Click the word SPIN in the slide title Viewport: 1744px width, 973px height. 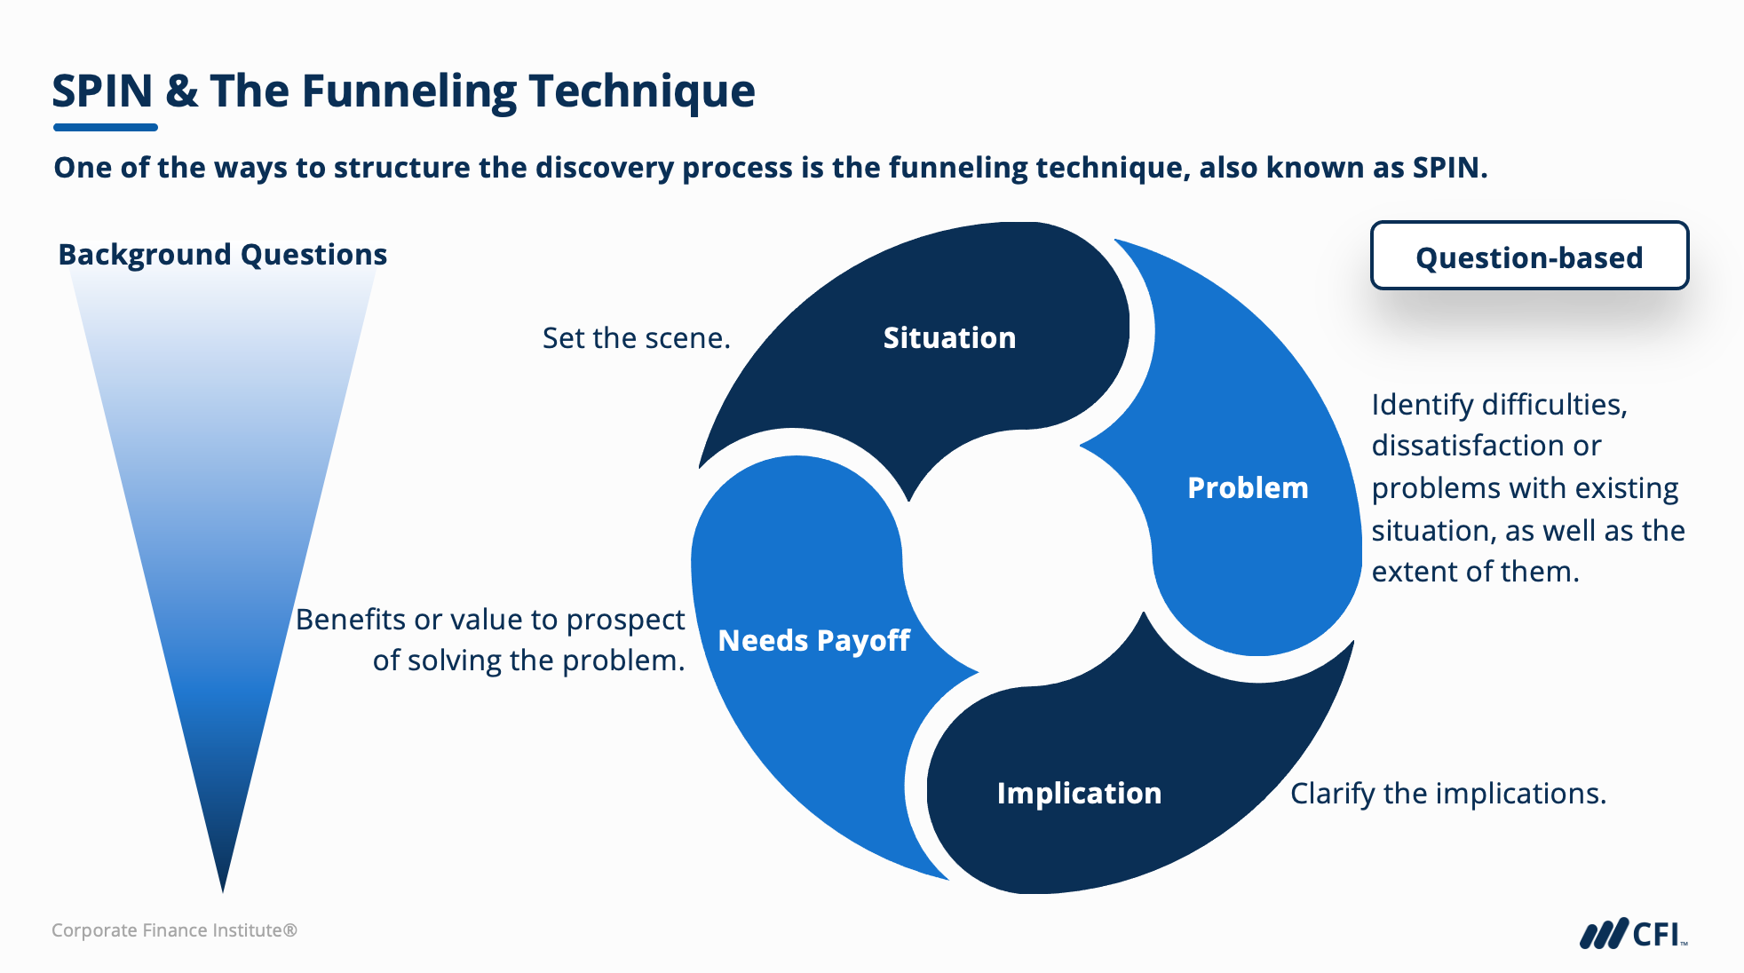(102, 91)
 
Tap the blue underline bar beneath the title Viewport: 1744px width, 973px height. (105, 128)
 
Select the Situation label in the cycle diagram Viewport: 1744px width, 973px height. (949, 338)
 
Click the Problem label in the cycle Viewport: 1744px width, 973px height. (1248, 488)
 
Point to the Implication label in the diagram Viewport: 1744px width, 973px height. (1079, 794)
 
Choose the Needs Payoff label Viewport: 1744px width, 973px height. (813, 641)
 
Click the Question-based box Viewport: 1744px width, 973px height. (1529, 257)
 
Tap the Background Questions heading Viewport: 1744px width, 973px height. (223, 255)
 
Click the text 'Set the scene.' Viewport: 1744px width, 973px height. (636, 338)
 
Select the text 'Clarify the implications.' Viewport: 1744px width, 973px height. (1448, 794)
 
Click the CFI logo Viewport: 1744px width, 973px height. (1632, 934)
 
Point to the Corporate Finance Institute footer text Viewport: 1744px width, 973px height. (174, 930)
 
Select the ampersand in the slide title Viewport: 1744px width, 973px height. (182, 91)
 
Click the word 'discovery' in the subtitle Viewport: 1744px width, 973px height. (606, 168)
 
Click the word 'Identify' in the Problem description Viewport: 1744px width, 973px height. (1422, 405)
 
